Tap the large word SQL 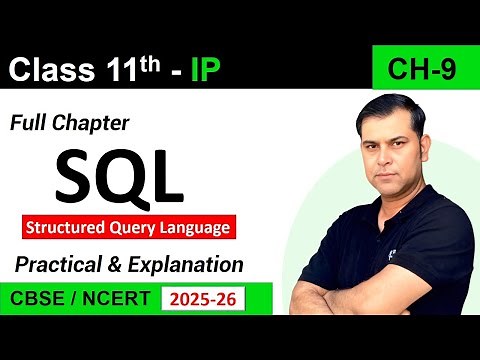point(119,176)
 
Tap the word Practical point(59,265)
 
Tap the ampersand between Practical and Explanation point(119,265)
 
